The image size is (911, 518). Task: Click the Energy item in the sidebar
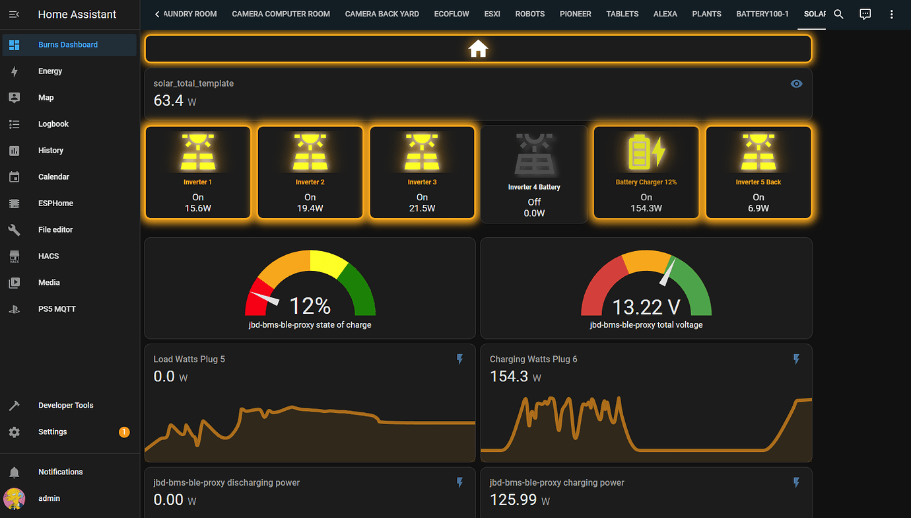[x=50, y=71]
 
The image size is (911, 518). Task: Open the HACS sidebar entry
[x=49, y=256]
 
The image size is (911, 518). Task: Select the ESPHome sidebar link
[x=55, y=203]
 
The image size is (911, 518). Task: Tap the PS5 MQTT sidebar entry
[x=57, y=309]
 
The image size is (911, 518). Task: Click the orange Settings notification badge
[x=124, y=432]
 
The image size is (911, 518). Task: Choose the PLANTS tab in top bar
[x=706, y=14]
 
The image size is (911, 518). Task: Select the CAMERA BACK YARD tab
[x=382, y=14]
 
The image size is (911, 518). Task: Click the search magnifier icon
[x=838, y=14]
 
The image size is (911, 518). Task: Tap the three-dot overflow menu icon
[x=892, y=14]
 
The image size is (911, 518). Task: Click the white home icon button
[x=477, y=49]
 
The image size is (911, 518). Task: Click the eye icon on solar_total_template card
[x=797, y=84]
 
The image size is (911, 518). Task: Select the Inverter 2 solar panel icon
[x=310, y=153]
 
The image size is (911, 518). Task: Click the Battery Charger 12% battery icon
[x=646, y=153]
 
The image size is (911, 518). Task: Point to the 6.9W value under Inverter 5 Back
[x=759, y=208]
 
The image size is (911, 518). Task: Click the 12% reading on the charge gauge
[x=310, y=306]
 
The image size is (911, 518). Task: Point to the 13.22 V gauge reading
[x=646, y=307]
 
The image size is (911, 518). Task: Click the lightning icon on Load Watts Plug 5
[x=460, y=359]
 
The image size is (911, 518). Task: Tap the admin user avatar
[x=15, y=498]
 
